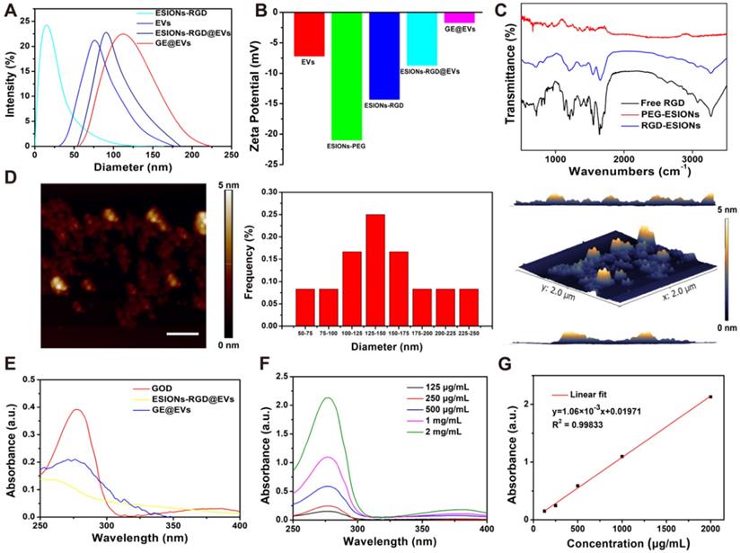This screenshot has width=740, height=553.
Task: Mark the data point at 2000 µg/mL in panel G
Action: pyautogui.click(x=710, y=397)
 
